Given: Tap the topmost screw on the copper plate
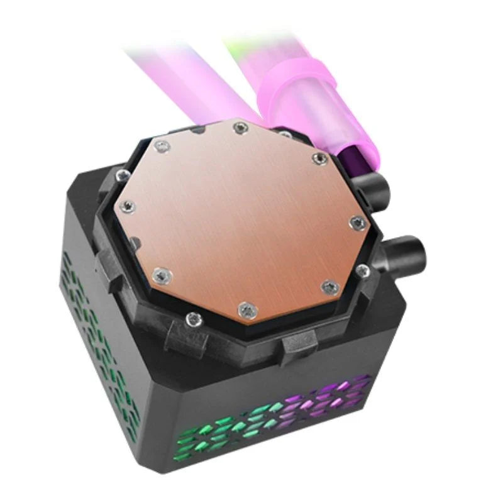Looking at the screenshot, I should point(237,128).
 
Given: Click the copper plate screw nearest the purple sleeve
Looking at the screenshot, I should point(319,157).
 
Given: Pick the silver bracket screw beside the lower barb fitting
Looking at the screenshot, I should point(363,271).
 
